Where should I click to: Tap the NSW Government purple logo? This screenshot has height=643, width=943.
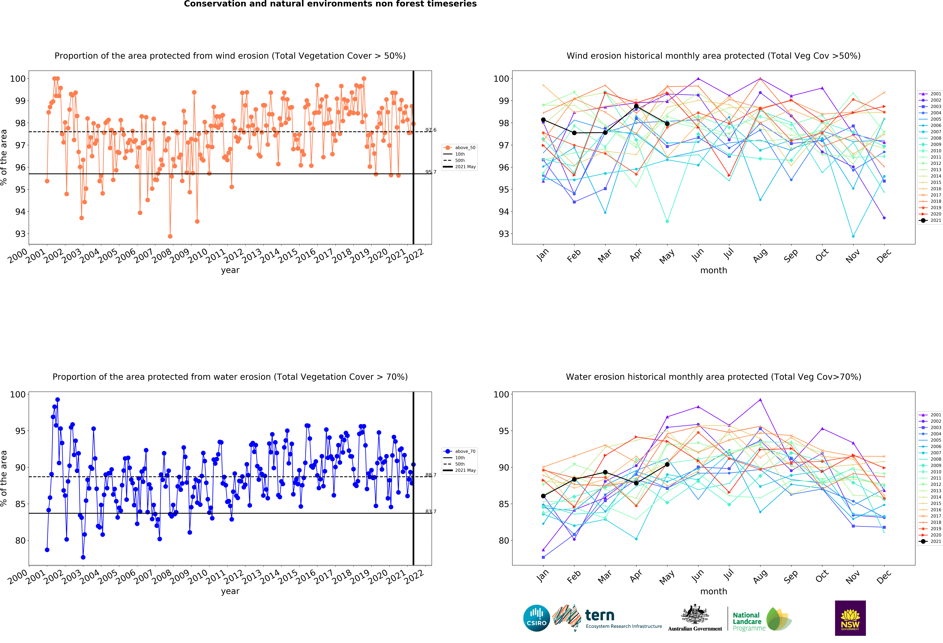(x=850, y=618)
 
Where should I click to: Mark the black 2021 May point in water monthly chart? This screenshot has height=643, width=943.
(x=667, y=464)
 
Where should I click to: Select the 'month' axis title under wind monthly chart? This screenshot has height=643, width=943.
(x=713, y=270)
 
